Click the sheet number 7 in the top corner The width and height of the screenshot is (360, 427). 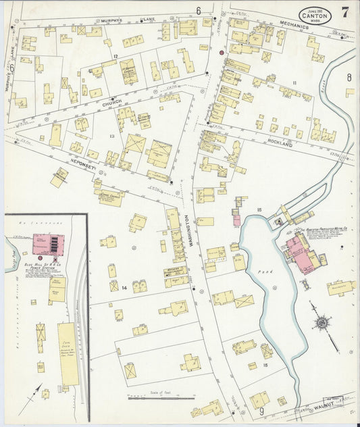tap(345, 11)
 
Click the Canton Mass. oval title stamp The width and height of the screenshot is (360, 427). tap(315, 14)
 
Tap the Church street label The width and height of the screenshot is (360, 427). tap(112, 102)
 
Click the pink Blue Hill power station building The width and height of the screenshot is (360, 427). tap(48, 243)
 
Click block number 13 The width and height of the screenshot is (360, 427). tap(113, 136)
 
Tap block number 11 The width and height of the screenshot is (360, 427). tap(294, 82)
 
